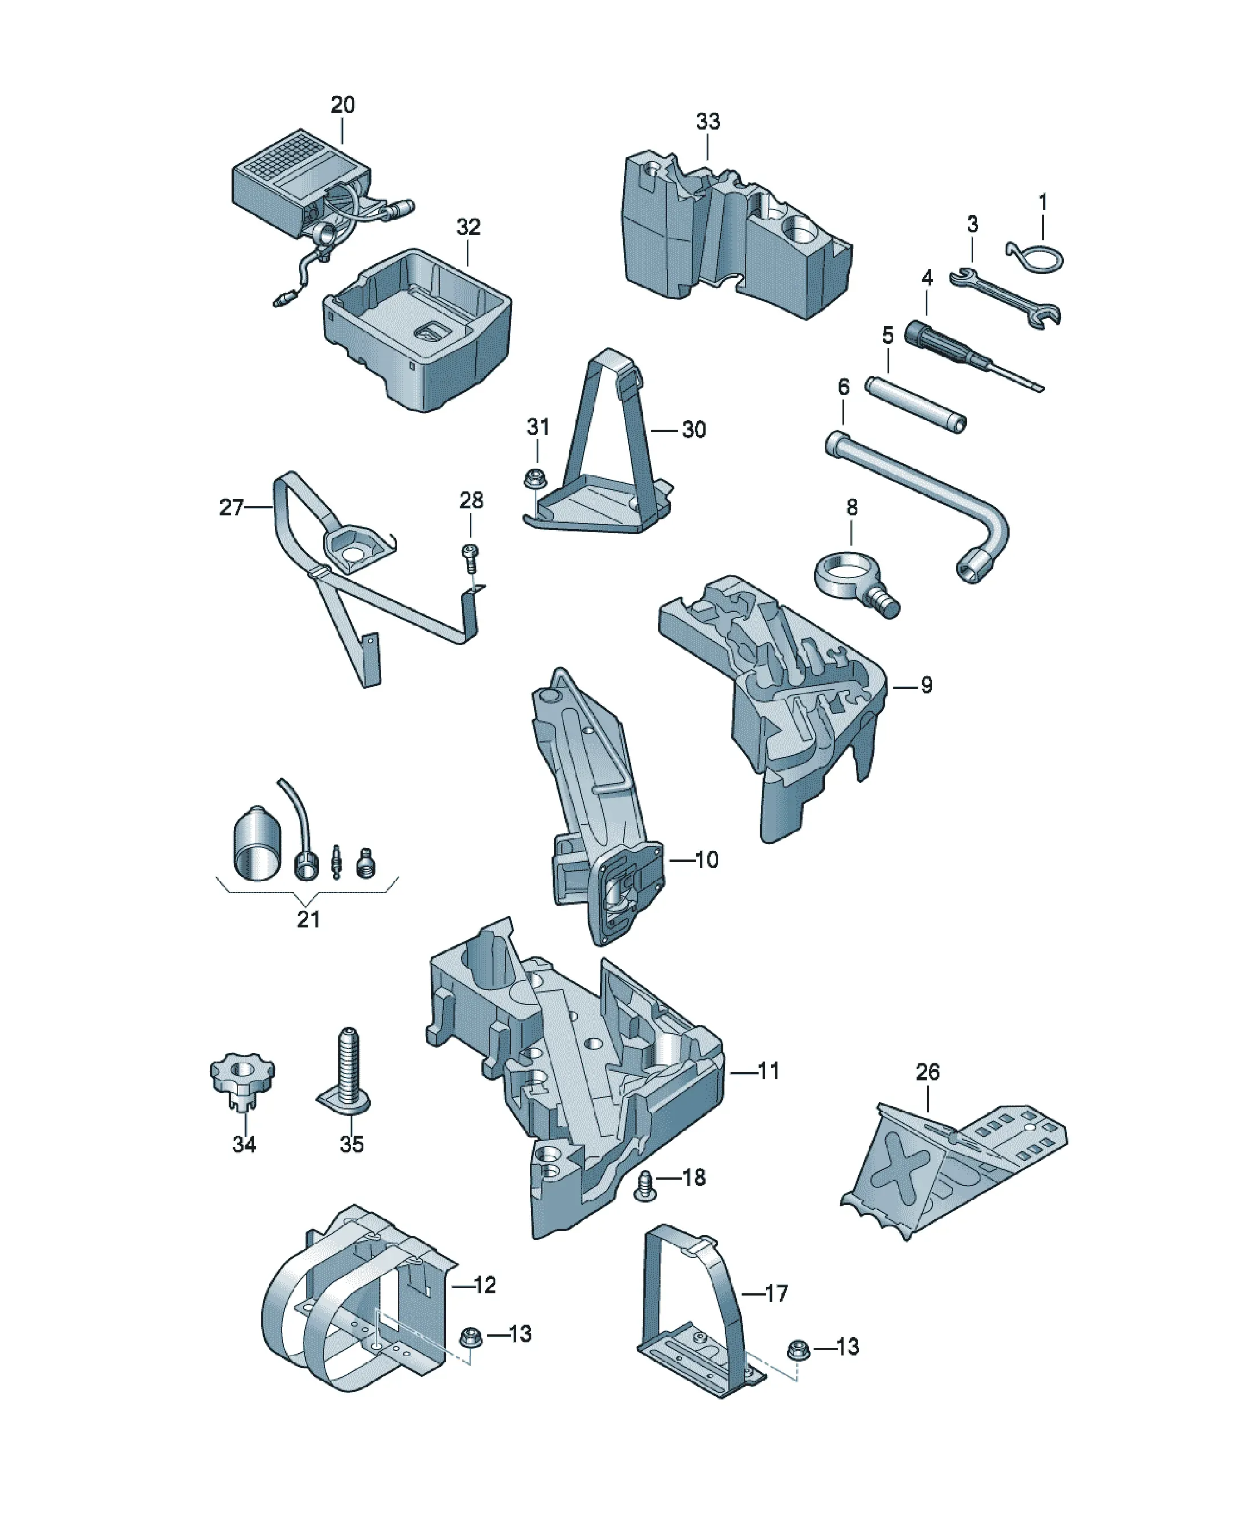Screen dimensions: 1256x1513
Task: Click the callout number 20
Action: pyautogui.click(x=343, y=105)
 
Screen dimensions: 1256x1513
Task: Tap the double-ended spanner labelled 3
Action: pyautogui.click(x=1004, y=297)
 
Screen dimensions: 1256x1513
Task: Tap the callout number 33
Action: pyautogui.click(x=707, y=122)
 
